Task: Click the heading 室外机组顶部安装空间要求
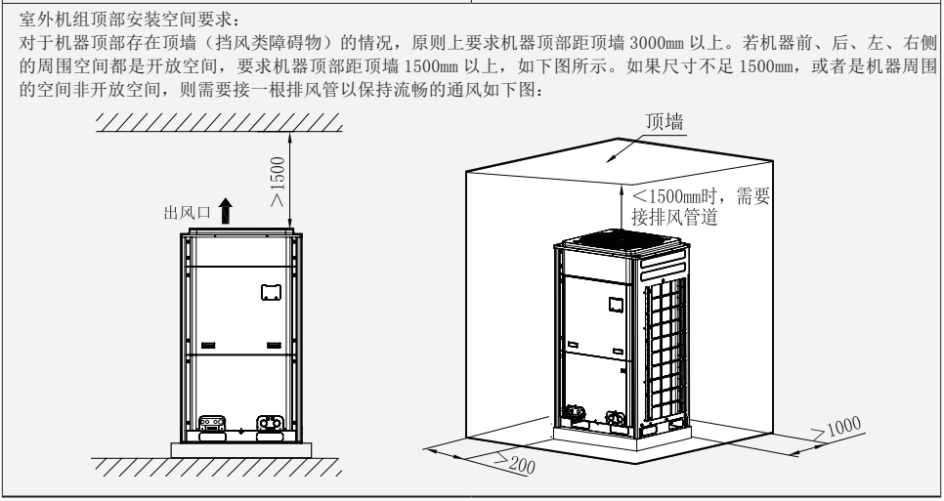[123, 20]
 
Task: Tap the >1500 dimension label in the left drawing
[279, 181]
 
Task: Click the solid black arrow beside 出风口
[226, 208]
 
